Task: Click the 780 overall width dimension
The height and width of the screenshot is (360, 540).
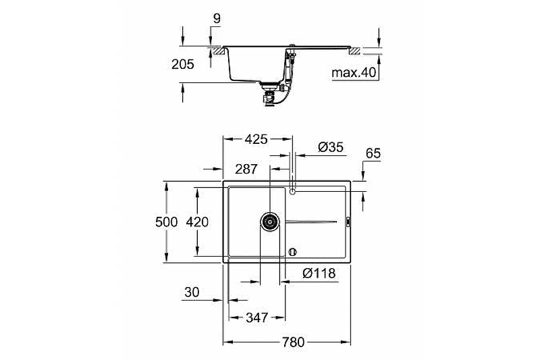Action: click(x=294, y=342)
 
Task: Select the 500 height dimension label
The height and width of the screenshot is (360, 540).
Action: click(x=166, y=222)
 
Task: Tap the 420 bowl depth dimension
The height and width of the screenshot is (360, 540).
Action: click(x=197, y=222)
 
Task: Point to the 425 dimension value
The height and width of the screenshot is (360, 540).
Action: click(x=256, y=139)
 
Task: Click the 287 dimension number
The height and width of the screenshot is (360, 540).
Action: click(x=246, y=169)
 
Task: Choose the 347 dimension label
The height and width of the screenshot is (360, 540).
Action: click(x=257, y=317)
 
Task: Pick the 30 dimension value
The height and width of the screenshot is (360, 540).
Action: click(x=192, y=292)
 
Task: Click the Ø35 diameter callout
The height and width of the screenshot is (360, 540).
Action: click(x=331, y=147)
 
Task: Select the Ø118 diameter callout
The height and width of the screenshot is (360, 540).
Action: click(x=319, y=274)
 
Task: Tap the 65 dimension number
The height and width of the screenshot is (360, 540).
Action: click(x=373, y=153)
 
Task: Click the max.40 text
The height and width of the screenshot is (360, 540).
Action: click(x=354, y=73)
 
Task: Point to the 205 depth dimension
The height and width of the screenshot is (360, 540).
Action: click(x=183, y=64)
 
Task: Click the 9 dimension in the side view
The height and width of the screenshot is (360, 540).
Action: click(x=217, y=19)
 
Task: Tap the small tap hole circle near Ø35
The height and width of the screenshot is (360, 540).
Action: click(x=292, y=192)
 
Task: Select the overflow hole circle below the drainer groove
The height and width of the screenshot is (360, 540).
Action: click(x=292, y=252)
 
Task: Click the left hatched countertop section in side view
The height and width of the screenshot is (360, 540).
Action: click(x=218, y=51)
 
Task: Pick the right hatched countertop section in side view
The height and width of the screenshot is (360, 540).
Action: click(x=355, y=51)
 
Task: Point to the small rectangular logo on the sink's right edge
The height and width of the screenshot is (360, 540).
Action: click(x=348, y=222)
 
